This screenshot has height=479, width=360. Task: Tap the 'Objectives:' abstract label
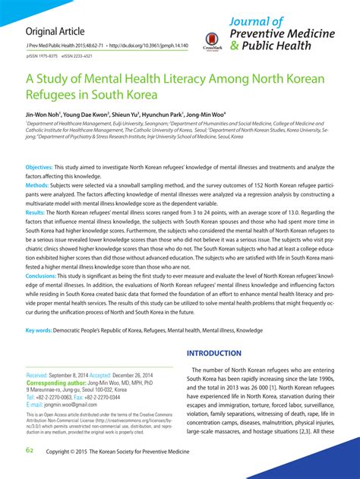[39, 165]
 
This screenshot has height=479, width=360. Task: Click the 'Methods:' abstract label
[37, 184]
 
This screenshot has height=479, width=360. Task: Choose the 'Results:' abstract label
[36, 213]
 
